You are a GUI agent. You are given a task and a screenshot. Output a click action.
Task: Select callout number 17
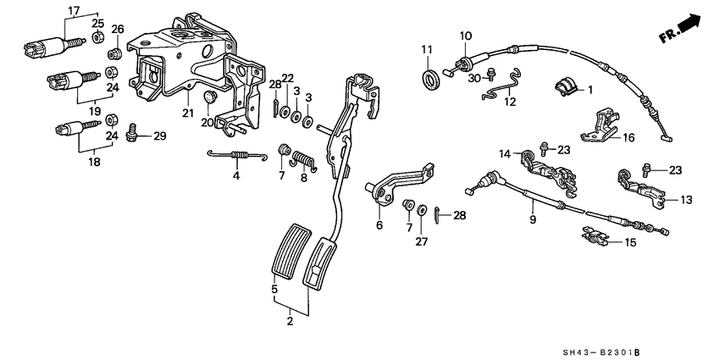74,11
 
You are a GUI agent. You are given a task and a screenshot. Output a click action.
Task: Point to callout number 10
466,36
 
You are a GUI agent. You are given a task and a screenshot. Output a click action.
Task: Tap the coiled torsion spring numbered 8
304,159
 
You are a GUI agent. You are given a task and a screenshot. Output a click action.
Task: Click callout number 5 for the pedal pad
274,289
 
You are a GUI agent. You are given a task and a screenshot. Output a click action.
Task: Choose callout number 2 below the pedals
290,321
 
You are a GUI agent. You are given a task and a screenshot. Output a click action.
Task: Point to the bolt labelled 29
131,134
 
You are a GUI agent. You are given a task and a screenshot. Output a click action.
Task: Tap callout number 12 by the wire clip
508,102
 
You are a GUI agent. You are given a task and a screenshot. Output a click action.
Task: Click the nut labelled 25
97,38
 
